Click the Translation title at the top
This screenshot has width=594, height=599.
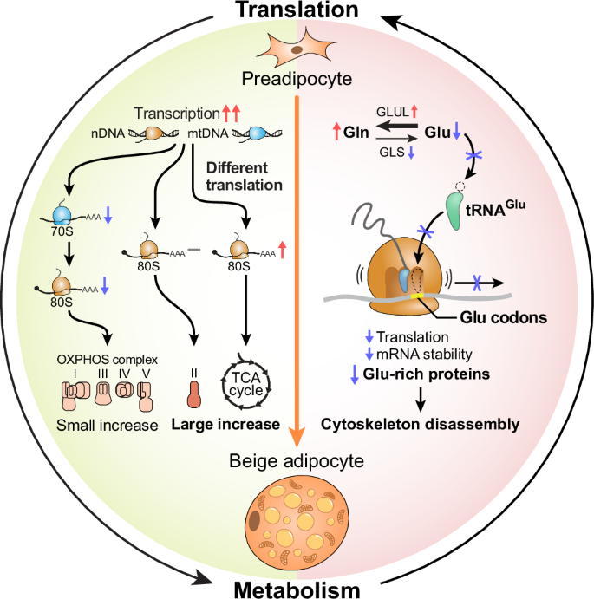click(x=298, y=10)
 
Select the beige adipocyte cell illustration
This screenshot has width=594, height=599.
click(x=297, y=518)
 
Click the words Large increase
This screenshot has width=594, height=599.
click(x=225, y=426)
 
